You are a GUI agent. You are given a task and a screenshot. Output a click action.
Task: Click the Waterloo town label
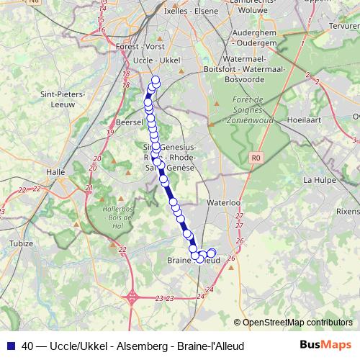click(222, 204)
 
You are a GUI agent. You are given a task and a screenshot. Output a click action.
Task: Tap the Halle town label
click(55, 172)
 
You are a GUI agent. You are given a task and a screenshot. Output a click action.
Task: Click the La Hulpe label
click(318, 179)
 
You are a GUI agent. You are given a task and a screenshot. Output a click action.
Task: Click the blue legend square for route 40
click(10, 346)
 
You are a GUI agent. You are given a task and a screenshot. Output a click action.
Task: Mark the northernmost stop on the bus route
click(156, 80)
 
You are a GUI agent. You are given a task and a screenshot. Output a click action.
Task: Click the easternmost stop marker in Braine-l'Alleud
click(211, 253)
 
